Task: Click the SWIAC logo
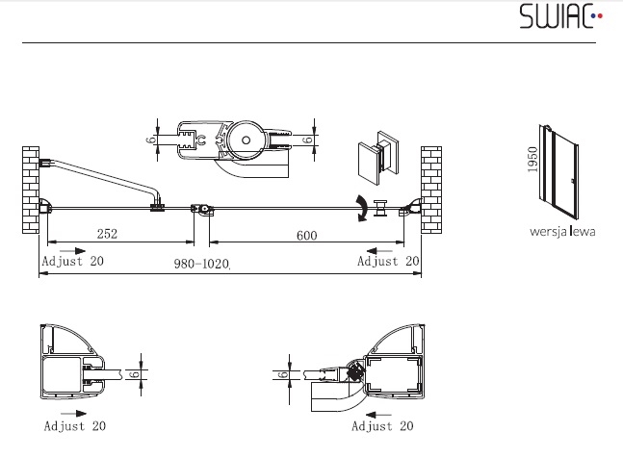click(x=560, y=16)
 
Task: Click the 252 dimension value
click(x=107, y=234)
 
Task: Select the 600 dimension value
click(x=307, y=236)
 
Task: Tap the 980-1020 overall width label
click(x=201, y=264)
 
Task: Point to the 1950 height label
click(x=532, y=160)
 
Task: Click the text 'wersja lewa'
click(x=562, y=231)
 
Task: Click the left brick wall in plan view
click(x=31, y=190)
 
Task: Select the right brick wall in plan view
click(x=431, y=190)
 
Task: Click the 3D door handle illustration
click(x=377, y=158)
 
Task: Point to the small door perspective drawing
click(x=558, y=172)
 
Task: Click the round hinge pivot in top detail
click(x=246, y=140)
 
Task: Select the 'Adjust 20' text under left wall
click(x=73, y=261)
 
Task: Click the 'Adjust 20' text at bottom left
click(x=75, y=426)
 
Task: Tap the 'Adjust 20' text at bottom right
click(x=382, y=426)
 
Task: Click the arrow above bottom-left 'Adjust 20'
click(x=73, y=414)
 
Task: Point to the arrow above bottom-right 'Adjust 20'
click(x=377, y=415)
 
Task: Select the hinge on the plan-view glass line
click(x=202, y=209)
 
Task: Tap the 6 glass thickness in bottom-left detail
click(x=134, y=374)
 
